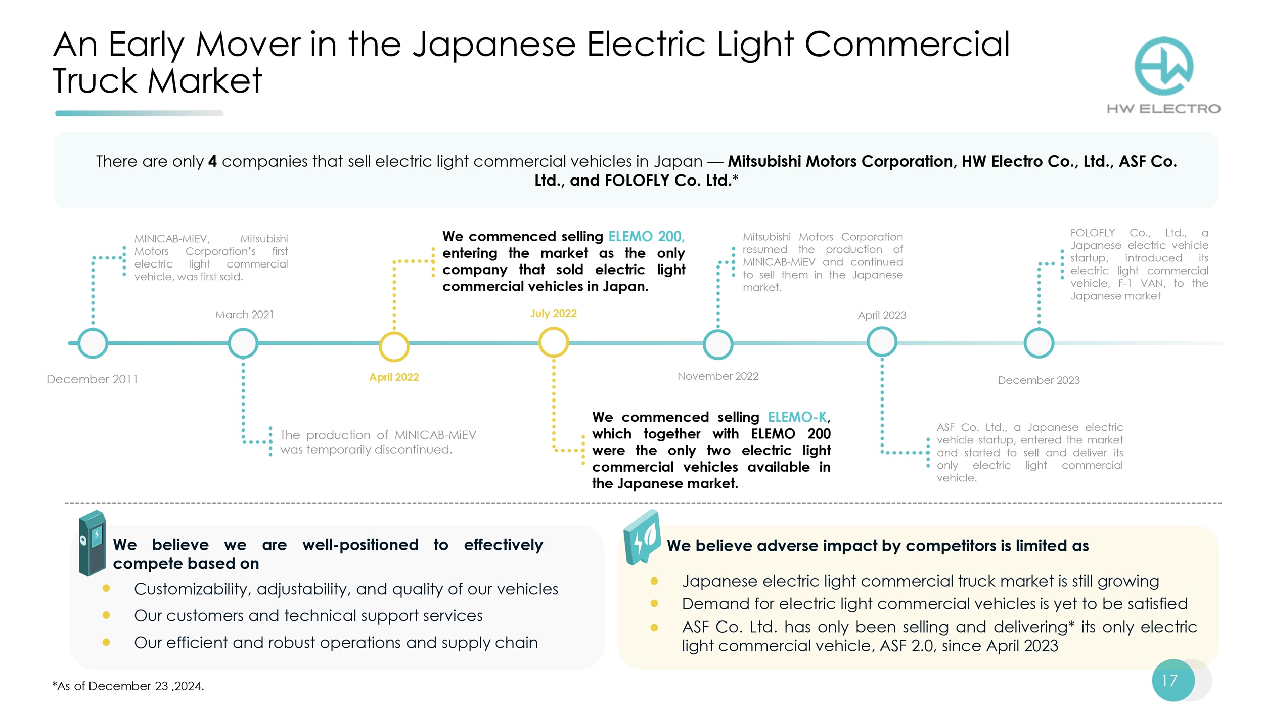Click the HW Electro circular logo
(x=1163, y=66)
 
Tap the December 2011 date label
(x=92, y=379)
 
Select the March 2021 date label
(x=244, y=315)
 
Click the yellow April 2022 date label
(x=394, y=377)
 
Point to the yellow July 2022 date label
(x=553, y=314)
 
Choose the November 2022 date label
(x=717, y=376)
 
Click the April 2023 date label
(x=881, y=315)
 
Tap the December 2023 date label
(x=1038, y=380)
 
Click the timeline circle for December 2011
(x=93, y=343)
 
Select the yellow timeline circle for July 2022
(x=553, y=342)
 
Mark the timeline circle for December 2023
(x=1039, y=343)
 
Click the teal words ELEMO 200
(x=645, y=237)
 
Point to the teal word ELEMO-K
(x=797, y=417)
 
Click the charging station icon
(x=92, y=544)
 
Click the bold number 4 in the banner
(x=212, y=162)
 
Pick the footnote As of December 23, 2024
(x=128, y=686)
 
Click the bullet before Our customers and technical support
(x=106, y=615)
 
